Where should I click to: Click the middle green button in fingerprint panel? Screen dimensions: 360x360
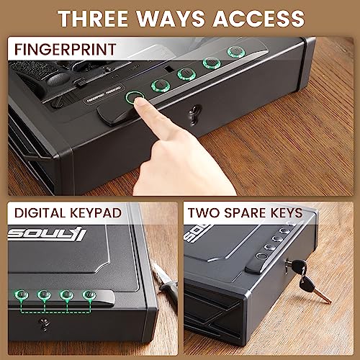186,74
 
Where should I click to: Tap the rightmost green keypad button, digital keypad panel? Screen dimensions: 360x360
89,294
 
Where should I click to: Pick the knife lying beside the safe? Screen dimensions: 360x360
167,295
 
